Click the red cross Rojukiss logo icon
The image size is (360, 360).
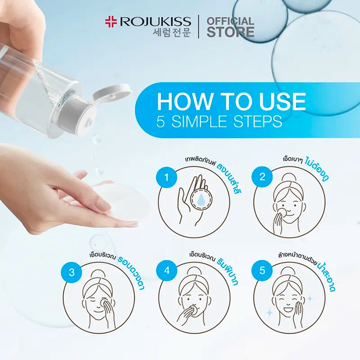point(111,22)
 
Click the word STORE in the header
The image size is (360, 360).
point(230,32)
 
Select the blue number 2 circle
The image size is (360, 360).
point(262,177)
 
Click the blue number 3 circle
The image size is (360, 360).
point(70,272)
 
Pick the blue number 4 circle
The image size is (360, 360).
point(167,272)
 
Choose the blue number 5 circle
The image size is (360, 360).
point(262,272)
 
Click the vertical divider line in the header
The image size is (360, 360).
point(199,27)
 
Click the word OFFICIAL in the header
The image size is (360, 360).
point(230,21)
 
